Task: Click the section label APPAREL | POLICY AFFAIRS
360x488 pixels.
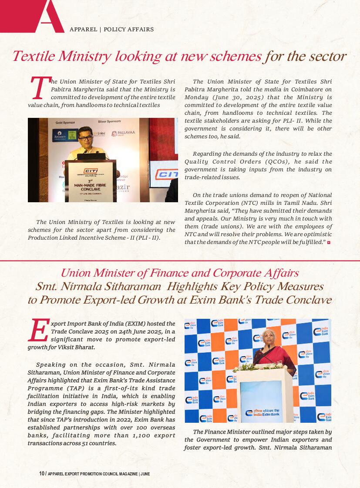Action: click(x=111, y=30)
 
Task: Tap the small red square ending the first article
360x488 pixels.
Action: click(x=329, y=242)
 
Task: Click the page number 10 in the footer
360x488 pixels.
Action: click(x=41, y=474)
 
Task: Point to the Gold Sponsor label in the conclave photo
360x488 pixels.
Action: click(x=65, y=123)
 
